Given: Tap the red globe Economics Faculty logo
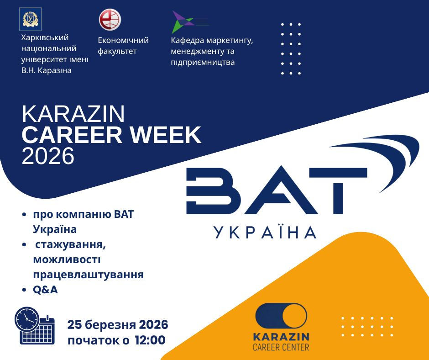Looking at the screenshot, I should tap(110, 20).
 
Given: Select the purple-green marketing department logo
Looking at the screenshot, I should tap(186, 21).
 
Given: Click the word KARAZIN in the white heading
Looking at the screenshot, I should tap(73, 115).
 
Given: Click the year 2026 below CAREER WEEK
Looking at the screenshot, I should tap(48, 156).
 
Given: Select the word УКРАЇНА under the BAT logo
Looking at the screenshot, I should tap(265, 232).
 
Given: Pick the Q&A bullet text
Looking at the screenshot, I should tap(45, 290).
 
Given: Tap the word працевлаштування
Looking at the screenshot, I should tap(88, 275).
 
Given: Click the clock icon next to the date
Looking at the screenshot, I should tap(27, 318).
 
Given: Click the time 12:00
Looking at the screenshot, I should tap(150, 340).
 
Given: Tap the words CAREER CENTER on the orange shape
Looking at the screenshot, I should tap(281, 347).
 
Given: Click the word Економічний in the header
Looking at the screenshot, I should tap(123, 40).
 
